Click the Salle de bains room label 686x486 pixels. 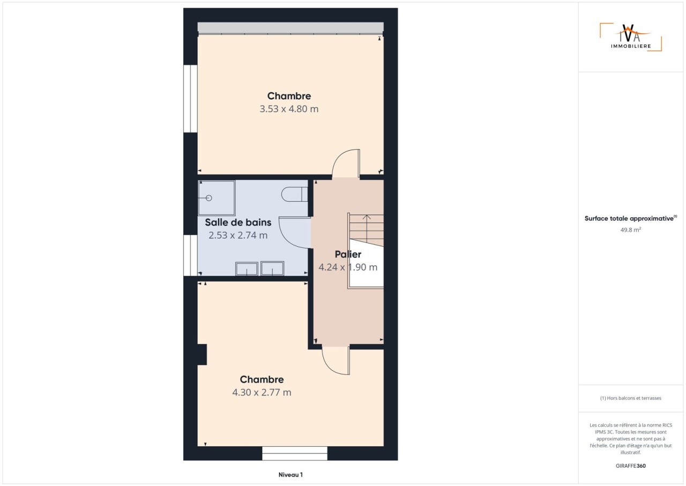(238, 222)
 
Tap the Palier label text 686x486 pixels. (348, 254)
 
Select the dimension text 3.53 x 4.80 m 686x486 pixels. (289, 109)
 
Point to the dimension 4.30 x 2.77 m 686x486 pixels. (262, 392)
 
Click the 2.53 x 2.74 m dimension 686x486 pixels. (238, 235)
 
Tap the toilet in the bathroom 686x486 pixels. (294, 194)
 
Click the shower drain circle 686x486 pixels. (209, 198)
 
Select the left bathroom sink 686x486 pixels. (247, 268)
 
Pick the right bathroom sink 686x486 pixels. (272, 268)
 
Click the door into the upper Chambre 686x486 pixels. (346, 163)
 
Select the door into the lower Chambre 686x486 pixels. (336, 360)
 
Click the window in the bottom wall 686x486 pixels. (295, 453)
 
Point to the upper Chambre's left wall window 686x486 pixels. (190, 99)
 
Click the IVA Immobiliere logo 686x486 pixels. (631, 37)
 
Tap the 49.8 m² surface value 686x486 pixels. (631, 230)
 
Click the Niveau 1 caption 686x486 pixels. (290, 475)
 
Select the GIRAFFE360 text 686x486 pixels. (631, 466)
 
